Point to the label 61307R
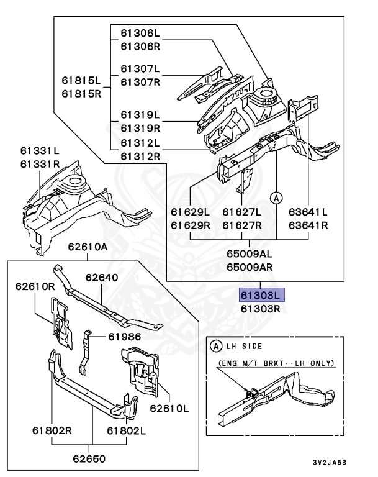(140, 82)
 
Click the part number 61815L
(81, 81)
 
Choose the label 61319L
(140, 115)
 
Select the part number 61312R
(140, 156)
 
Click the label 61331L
(40, 151)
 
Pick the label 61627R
(242, 225)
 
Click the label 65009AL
(248, 254)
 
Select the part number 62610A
(88, 247)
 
